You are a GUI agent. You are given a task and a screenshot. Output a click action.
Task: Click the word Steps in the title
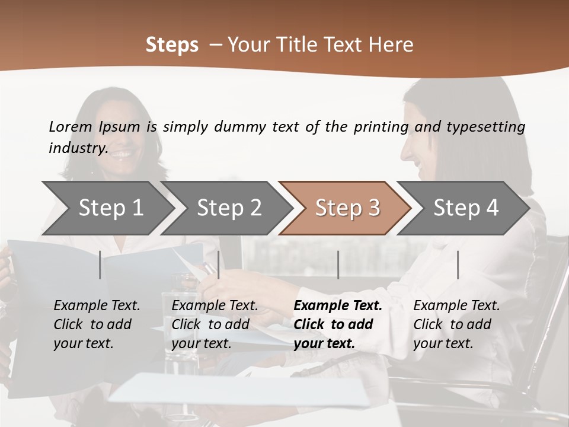(172, 45)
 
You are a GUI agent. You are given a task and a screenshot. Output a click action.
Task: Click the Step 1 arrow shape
(110, 208)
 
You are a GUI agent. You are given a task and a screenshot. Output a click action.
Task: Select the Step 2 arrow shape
(229, 208)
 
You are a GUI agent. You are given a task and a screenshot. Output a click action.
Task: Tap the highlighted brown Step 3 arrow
(347, 208)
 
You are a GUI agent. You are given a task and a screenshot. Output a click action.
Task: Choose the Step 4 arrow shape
(466, 208)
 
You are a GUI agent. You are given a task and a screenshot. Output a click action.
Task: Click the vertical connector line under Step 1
(100, 265)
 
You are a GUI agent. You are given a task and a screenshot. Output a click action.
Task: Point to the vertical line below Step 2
(219, 265)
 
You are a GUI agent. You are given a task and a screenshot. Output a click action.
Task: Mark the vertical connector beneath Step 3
(338, 265)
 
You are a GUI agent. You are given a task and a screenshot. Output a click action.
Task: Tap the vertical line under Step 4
(458, 265)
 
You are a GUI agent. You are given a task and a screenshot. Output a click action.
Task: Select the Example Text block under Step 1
(97, 324)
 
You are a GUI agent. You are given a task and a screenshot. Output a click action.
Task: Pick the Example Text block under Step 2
(215, 324)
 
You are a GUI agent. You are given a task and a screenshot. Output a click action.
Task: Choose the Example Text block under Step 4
(456, 324)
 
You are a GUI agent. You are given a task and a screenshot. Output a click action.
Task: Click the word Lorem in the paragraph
(70, 126)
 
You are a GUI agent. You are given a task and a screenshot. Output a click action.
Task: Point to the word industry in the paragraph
(78, 148)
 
